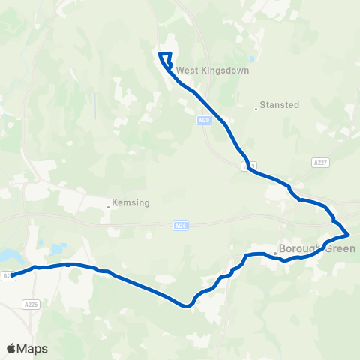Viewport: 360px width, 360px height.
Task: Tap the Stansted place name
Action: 280,105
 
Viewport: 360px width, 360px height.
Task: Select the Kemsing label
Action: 131,202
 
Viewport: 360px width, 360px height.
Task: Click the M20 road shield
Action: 205,119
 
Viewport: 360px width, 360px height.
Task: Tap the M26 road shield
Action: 179,225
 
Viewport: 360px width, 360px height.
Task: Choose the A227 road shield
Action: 320,161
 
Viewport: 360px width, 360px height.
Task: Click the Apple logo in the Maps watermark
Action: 11,348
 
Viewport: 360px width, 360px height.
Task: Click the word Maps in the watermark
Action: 32,348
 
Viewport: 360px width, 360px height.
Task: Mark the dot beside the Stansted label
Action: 256,109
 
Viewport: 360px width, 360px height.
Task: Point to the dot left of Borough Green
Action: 275,253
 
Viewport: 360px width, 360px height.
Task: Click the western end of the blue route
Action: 13,274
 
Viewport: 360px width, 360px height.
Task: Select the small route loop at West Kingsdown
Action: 166,60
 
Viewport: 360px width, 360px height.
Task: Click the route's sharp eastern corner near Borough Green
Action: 348,235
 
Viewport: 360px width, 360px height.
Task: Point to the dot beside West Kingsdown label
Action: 172,72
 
